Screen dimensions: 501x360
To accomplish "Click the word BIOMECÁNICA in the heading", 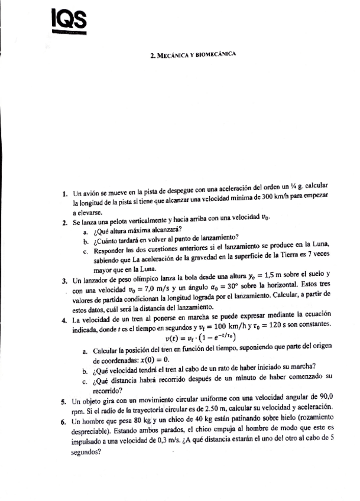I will (x=218, y=55).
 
